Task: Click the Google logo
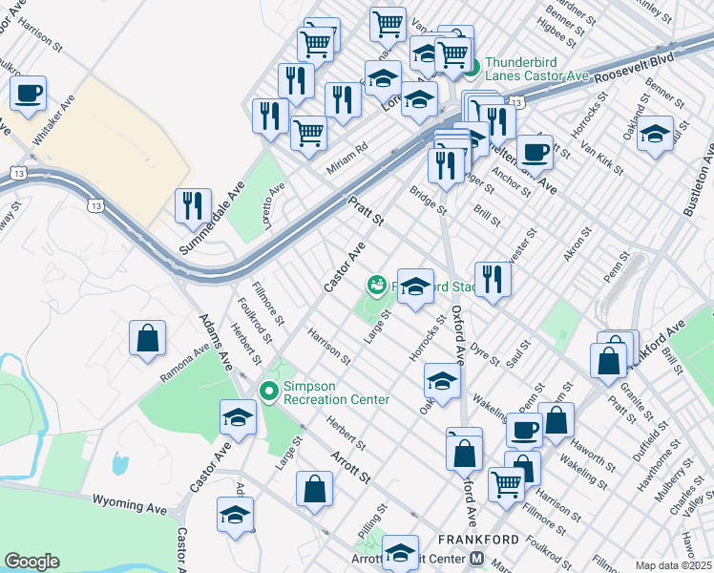click(32, 562)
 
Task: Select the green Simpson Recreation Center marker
click(270, 391)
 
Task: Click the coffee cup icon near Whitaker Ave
click(28, 94)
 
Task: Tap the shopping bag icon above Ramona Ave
click(148, 338)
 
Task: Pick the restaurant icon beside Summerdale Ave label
click(194, 205)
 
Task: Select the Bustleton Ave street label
click(698, 182)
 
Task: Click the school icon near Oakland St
click(655, 134)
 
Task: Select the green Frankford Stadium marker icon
click(377, 285)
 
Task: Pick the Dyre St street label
click(486, 354)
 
